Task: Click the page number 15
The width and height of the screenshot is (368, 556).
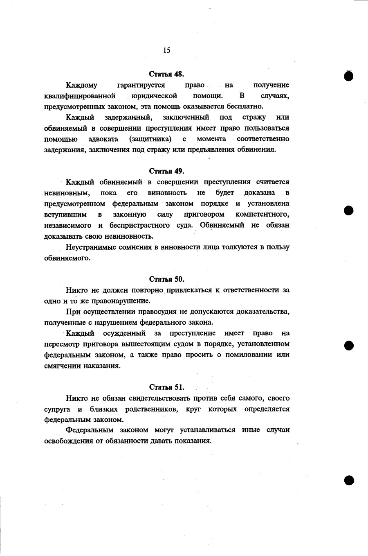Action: pos(166,50)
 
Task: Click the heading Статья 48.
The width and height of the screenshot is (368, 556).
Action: pos(166,74)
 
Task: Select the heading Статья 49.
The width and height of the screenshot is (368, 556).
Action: pos(166,171)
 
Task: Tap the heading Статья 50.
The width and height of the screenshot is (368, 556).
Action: pos(166,279)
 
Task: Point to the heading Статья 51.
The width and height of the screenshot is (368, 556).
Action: pos(166,387)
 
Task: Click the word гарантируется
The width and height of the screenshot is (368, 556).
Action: pos(141,85)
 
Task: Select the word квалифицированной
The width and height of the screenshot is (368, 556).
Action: pos(77,96)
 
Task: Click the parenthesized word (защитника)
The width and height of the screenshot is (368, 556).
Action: pos(150,139)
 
